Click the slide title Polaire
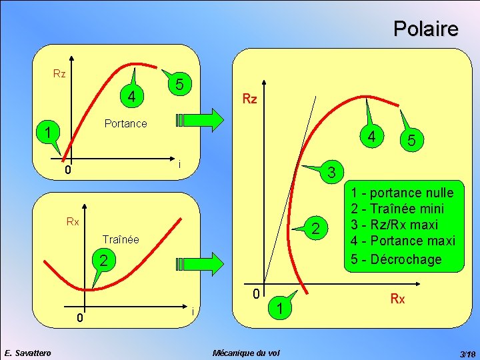coord(425,29)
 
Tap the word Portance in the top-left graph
coord(125,123)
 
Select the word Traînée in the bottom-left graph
coord(121,239)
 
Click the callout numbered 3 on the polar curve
coord(330,172)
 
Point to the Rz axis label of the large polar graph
coord(249,99)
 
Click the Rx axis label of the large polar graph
coord(397,299)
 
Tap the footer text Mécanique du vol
coord(245,352)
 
